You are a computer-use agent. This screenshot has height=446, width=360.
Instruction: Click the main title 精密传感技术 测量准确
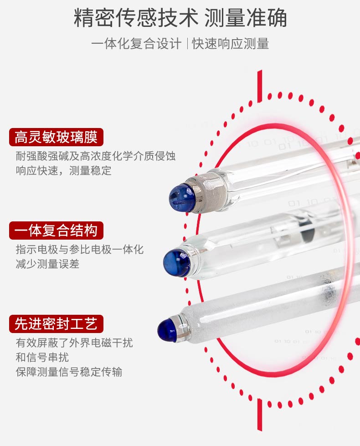pos(180,18)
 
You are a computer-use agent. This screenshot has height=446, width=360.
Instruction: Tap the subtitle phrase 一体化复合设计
pos(136,44)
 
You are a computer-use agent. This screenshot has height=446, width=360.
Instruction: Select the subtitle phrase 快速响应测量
pos(231,44)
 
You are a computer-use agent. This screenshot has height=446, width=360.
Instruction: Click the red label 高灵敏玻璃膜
pos(56,137)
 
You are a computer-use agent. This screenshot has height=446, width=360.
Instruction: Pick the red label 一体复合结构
pos(56,231)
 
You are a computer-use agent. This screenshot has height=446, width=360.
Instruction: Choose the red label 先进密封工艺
pos(56,324)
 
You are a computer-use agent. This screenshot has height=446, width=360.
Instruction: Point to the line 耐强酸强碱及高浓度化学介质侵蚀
pos(96,156)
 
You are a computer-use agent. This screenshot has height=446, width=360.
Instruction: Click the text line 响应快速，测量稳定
pos(63,171)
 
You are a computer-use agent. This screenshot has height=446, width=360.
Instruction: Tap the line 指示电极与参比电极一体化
pos(80,250)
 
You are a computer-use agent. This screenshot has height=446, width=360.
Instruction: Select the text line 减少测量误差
pos(47,264)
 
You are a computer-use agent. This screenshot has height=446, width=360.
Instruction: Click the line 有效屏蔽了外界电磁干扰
pos(74,343)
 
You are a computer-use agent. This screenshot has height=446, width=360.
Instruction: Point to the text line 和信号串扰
pos(42,357)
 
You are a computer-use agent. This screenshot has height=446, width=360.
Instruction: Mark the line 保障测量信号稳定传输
pos(69,372)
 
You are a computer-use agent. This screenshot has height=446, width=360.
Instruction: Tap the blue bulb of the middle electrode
pos(176,262)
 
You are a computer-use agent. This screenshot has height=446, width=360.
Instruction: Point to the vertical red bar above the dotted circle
pos(260,86)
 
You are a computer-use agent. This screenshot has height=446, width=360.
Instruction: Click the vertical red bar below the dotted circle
pos(260,415)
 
